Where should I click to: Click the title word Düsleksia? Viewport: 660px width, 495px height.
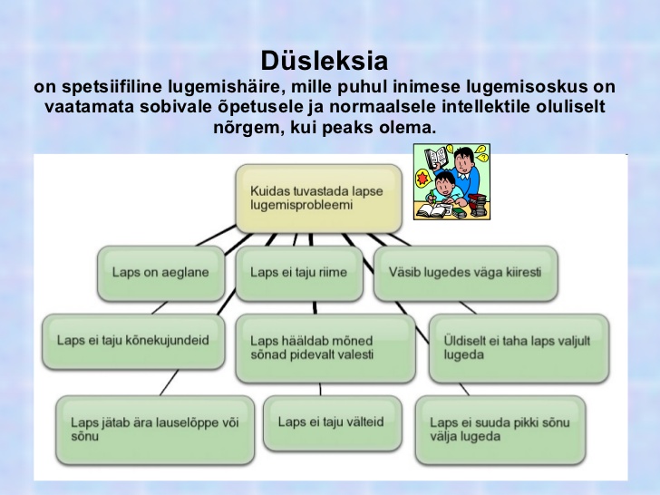tap(325, 61)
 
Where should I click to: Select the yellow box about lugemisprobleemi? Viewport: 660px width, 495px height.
tap(318, 199)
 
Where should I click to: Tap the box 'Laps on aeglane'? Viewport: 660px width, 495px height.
tap(160, 273)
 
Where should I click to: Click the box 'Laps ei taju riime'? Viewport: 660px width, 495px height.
tap(299, 273)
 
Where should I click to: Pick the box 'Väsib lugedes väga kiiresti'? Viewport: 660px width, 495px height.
tap(466, 273)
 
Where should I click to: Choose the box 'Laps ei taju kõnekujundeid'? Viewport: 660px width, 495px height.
tap(133, 341)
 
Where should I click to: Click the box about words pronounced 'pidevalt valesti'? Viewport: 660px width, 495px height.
tap(325, 348)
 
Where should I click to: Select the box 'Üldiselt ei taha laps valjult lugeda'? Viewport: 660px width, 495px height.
tap(519, 348)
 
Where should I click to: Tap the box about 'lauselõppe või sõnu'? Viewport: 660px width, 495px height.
tap(155, 430)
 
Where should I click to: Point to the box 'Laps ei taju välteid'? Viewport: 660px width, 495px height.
tap(333, 422)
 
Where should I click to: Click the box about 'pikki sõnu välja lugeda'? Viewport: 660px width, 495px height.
tap(500, 430)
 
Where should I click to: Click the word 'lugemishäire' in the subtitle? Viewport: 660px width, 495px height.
tap(225, 87)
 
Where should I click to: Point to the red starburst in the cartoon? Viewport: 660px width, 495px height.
tap(422, 180)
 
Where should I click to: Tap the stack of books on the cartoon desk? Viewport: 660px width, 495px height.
tap(478, 206)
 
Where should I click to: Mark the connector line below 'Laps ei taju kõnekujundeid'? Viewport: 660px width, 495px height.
tap(170, 383)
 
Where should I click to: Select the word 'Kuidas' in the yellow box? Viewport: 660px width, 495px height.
tap(265, 191)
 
